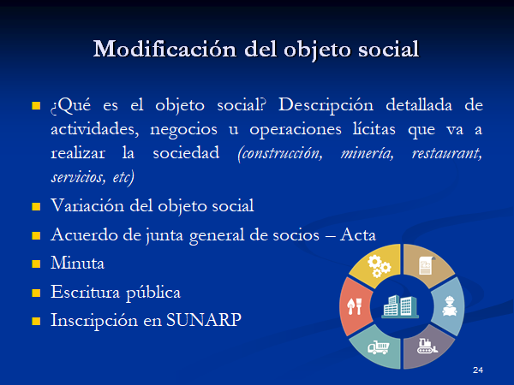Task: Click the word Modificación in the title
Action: coord(164,49)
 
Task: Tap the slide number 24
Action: coord(478,370)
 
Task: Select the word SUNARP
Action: coord(204,320)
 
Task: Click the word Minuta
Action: coord(77,263)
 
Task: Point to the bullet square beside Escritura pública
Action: coord(36,293)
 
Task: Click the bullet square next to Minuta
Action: coord(36,264)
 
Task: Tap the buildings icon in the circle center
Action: coord(400,306)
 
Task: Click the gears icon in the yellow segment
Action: coord(379,266)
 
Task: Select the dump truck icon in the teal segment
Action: coord(379,347)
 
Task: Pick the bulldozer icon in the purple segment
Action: coord(427,346)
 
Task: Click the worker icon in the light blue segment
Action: coord(450,306)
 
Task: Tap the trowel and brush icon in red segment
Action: coord(355,306)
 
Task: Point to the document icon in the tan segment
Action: coord(427,265)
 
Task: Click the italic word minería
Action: coord(368,153)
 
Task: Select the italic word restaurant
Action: coord(447,153)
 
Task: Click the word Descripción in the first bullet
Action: coord(326,106)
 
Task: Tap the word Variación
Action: coord(87,205)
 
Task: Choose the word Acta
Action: coord(358,234)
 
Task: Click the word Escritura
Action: coord(85,292)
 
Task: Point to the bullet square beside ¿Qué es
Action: coord(36,105)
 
